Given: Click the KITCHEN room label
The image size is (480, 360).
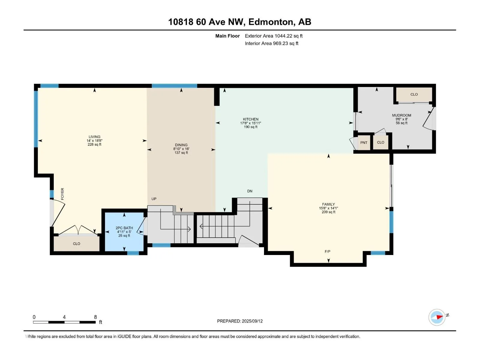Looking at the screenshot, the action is [x=250, y=119].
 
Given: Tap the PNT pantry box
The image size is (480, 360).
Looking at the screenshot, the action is [x=364, y=142].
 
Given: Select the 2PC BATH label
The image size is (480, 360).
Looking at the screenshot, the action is [x=124, y=228].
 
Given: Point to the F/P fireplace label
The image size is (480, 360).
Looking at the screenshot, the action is [x=327, y=252].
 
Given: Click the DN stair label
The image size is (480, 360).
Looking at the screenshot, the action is [x=250, y=191].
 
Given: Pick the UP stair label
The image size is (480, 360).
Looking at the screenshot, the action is [x=154, y=199].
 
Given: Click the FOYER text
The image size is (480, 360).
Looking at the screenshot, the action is [x=62, y=194].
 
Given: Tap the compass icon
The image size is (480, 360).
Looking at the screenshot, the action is [x=437, y=317].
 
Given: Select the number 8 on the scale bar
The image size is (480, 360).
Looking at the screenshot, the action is [x=95, y=317].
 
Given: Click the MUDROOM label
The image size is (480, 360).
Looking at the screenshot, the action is [x=401, y=115].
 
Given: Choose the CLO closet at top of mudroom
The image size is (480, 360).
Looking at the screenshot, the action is [x=414, y=94].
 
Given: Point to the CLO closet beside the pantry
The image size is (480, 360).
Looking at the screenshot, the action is [x=380, y=142].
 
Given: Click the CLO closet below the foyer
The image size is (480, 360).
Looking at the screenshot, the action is [x=76, y=244].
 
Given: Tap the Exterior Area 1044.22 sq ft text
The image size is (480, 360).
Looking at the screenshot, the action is [x=274, y=36].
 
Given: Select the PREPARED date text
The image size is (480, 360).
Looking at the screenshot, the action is [x=240, y=321].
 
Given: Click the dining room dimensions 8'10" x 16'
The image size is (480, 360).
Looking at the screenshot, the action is [x=181, y=149].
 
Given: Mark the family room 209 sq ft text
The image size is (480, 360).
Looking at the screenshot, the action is [x=328, y=212].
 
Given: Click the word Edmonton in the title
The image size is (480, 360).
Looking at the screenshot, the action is [x=271, y=22].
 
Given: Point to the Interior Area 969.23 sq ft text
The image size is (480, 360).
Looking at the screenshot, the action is [x=271, y=43].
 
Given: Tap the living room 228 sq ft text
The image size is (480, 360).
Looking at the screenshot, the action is [x=94, y=145].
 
